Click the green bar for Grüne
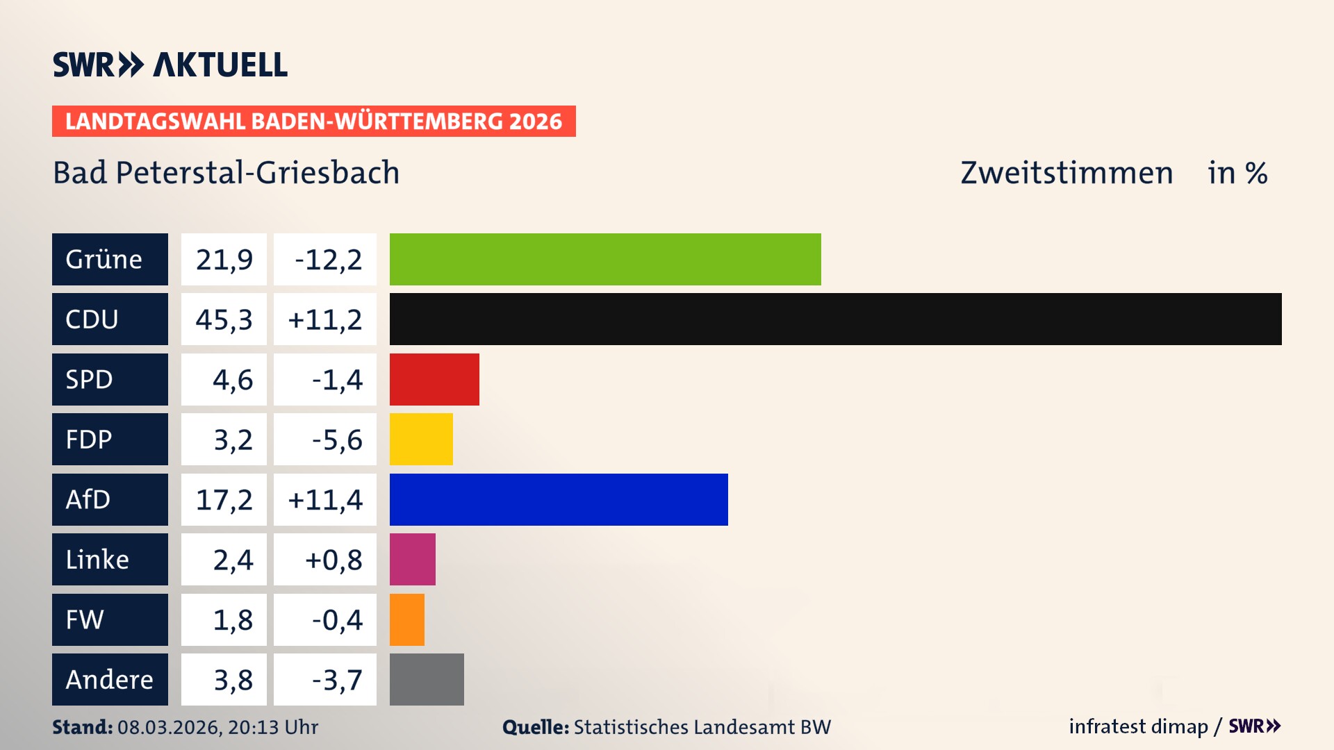pyautogui.click(x=604, y=259)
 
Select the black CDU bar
pyautogui.click(x=835, y=319)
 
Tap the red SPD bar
pyautogui.click(x=434, y=379)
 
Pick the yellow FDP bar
pyautogui.click(x=421, y=439)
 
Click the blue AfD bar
pyautogui.click(x=559, y=499)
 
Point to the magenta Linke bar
pyautogui.click(x=413, y=559)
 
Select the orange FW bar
pyautogui.click(x=407, y=619)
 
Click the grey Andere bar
pyautogui.click(x=427, y=679)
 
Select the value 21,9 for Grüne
pyautogui.click(x=224, y=259)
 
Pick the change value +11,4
pyautogui.click(x=324, y=499)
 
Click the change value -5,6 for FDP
pyautogui.click(x=336, y=439)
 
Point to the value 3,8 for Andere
pyautogui.click(x=233, y=679)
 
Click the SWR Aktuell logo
pyautogui.click(x=170, y=65)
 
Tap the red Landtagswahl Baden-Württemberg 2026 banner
pyautogui.click(x=313, y=121)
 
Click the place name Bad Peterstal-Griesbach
pyautogui.click(x=227, y=172)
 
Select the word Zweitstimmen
pyautogui.click(x=1067, y=172)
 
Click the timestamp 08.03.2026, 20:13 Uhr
pyautogui.click(x=217, y=727)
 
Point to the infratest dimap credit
pyautogui.click(x=1138, y=726)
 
